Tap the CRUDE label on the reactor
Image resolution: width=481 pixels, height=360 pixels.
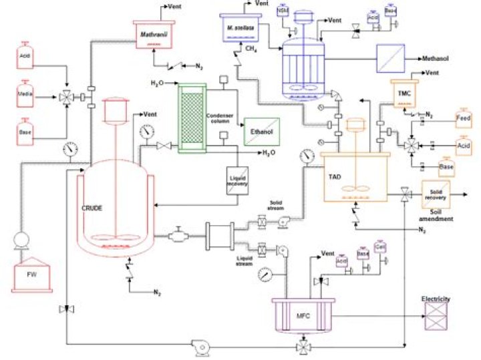click(92, 208)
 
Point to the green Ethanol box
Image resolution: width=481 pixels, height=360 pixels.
click(263, 132)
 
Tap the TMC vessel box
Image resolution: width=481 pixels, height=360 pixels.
click(405, 93)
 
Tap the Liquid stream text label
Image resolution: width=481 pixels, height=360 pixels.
click(244, 260)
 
